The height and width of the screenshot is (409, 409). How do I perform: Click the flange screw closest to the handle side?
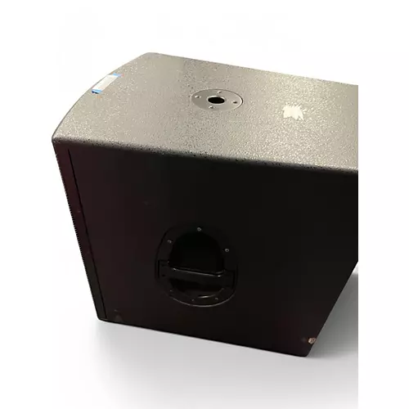(x=212, y=112)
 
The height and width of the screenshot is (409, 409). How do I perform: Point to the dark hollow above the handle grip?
(x=199, y=245)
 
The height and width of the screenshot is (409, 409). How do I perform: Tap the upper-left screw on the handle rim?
(x=173, y=238)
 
